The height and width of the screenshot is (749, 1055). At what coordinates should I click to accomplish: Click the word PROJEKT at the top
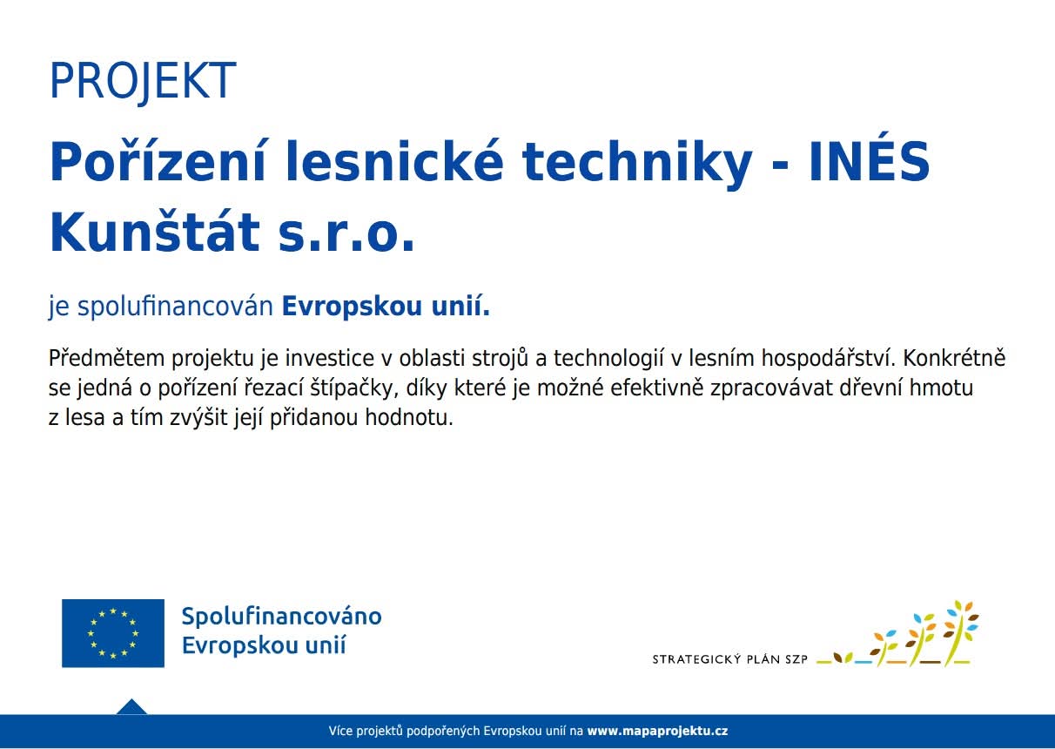tap(143, 81)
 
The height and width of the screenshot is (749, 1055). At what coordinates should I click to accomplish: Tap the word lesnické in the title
tap(394, 161)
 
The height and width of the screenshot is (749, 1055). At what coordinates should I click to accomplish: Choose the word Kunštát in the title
tap(154, 232)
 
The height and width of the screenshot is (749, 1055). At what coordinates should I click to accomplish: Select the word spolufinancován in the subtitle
tap(175, 307)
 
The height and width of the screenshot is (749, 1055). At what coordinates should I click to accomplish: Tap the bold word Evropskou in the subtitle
tap(352, 307)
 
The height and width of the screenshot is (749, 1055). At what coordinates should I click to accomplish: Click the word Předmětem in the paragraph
tap(106, 358)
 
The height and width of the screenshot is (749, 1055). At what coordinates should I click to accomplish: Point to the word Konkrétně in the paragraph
tap(954, 358)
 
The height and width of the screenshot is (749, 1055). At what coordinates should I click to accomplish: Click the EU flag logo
tap(113, 633)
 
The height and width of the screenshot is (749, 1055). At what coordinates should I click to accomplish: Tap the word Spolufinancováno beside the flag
tap(282, 617)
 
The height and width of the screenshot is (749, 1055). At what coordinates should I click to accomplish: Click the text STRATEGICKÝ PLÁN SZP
tap(730, 659)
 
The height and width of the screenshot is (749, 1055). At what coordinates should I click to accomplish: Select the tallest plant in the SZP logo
tap(961, 632)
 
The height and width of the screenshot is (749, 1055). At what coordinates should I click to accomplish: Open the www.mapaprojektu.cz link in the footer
tap(657, 731)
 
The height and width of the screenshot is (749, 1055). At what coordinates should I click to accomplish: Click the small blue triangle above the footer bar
tap(131, 706)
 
